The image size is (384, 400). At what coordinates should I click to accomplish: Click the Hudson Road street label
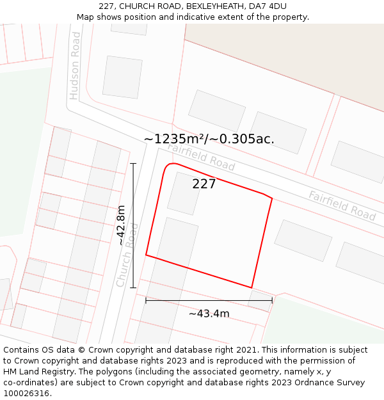(x=76, y=75)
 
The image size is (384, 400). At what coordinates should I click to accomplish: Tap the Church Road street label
(x=127, y=255)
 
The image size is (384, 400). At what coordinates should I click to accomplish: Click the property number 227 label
(x=204, y=184)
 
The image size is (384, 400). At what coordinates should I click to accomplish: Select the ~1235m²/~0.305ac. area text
(x=209, y=139)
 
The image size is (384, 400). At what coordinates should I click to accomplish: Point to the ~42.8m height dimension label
(x=121, y=225)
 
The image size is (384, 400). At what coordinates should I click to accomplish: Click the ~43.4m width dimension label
(x=209, y=314)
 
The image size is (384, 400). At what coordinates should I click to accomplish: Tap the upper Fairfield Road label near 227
(x=201, y=157)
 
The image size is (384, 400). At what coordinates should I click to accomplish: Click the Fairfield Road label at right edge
(x=342, y=205)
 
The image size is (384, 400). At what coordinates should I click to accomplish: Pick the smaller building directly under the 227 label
(x=184, y=193)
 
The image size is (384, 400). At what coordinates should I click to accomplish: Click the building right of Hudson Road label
(x=122, y=77)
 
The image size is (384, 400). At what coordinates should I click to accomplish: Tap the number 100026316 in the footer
(x=27, y=394)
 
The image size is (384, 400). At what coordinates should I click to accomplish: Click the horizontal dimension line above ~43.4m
(x=209, y=300)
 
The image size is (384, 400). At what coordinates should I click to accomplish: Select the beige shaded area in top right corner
(x=301, y=58)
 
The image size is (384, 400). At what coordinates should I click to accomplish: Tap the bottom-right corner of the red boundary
(x=252, y=287)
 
